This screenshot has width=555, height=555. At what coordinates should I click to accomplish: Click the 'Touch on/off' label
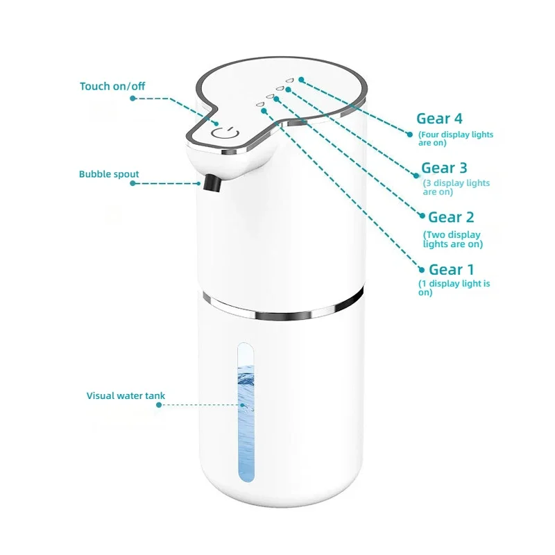pos(112,86)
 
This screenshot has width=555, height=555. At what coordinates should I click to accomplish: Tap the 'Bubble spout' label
pos(109,174)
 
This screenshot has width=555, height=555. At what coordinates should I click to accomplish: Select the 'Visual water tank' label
pos(126,396)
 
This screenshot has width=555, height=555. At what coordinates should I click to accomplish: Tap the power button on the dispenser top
pos(224,134)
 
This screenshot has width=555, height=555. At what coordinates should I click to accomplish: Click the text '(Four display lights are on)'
pos(455,139)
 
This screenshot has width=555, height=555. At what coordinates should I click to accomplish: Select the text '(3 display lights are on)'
pos(456,187)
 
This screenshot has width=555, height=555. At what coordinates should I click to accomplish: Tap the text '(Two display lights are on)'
pos(452,239)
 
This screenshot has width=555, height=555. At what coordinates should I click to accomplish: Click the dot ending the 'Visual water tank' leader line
pos(159,405)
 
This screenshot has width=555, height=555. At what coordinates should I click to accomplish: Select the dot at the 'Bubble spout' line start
pos(133,183)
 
